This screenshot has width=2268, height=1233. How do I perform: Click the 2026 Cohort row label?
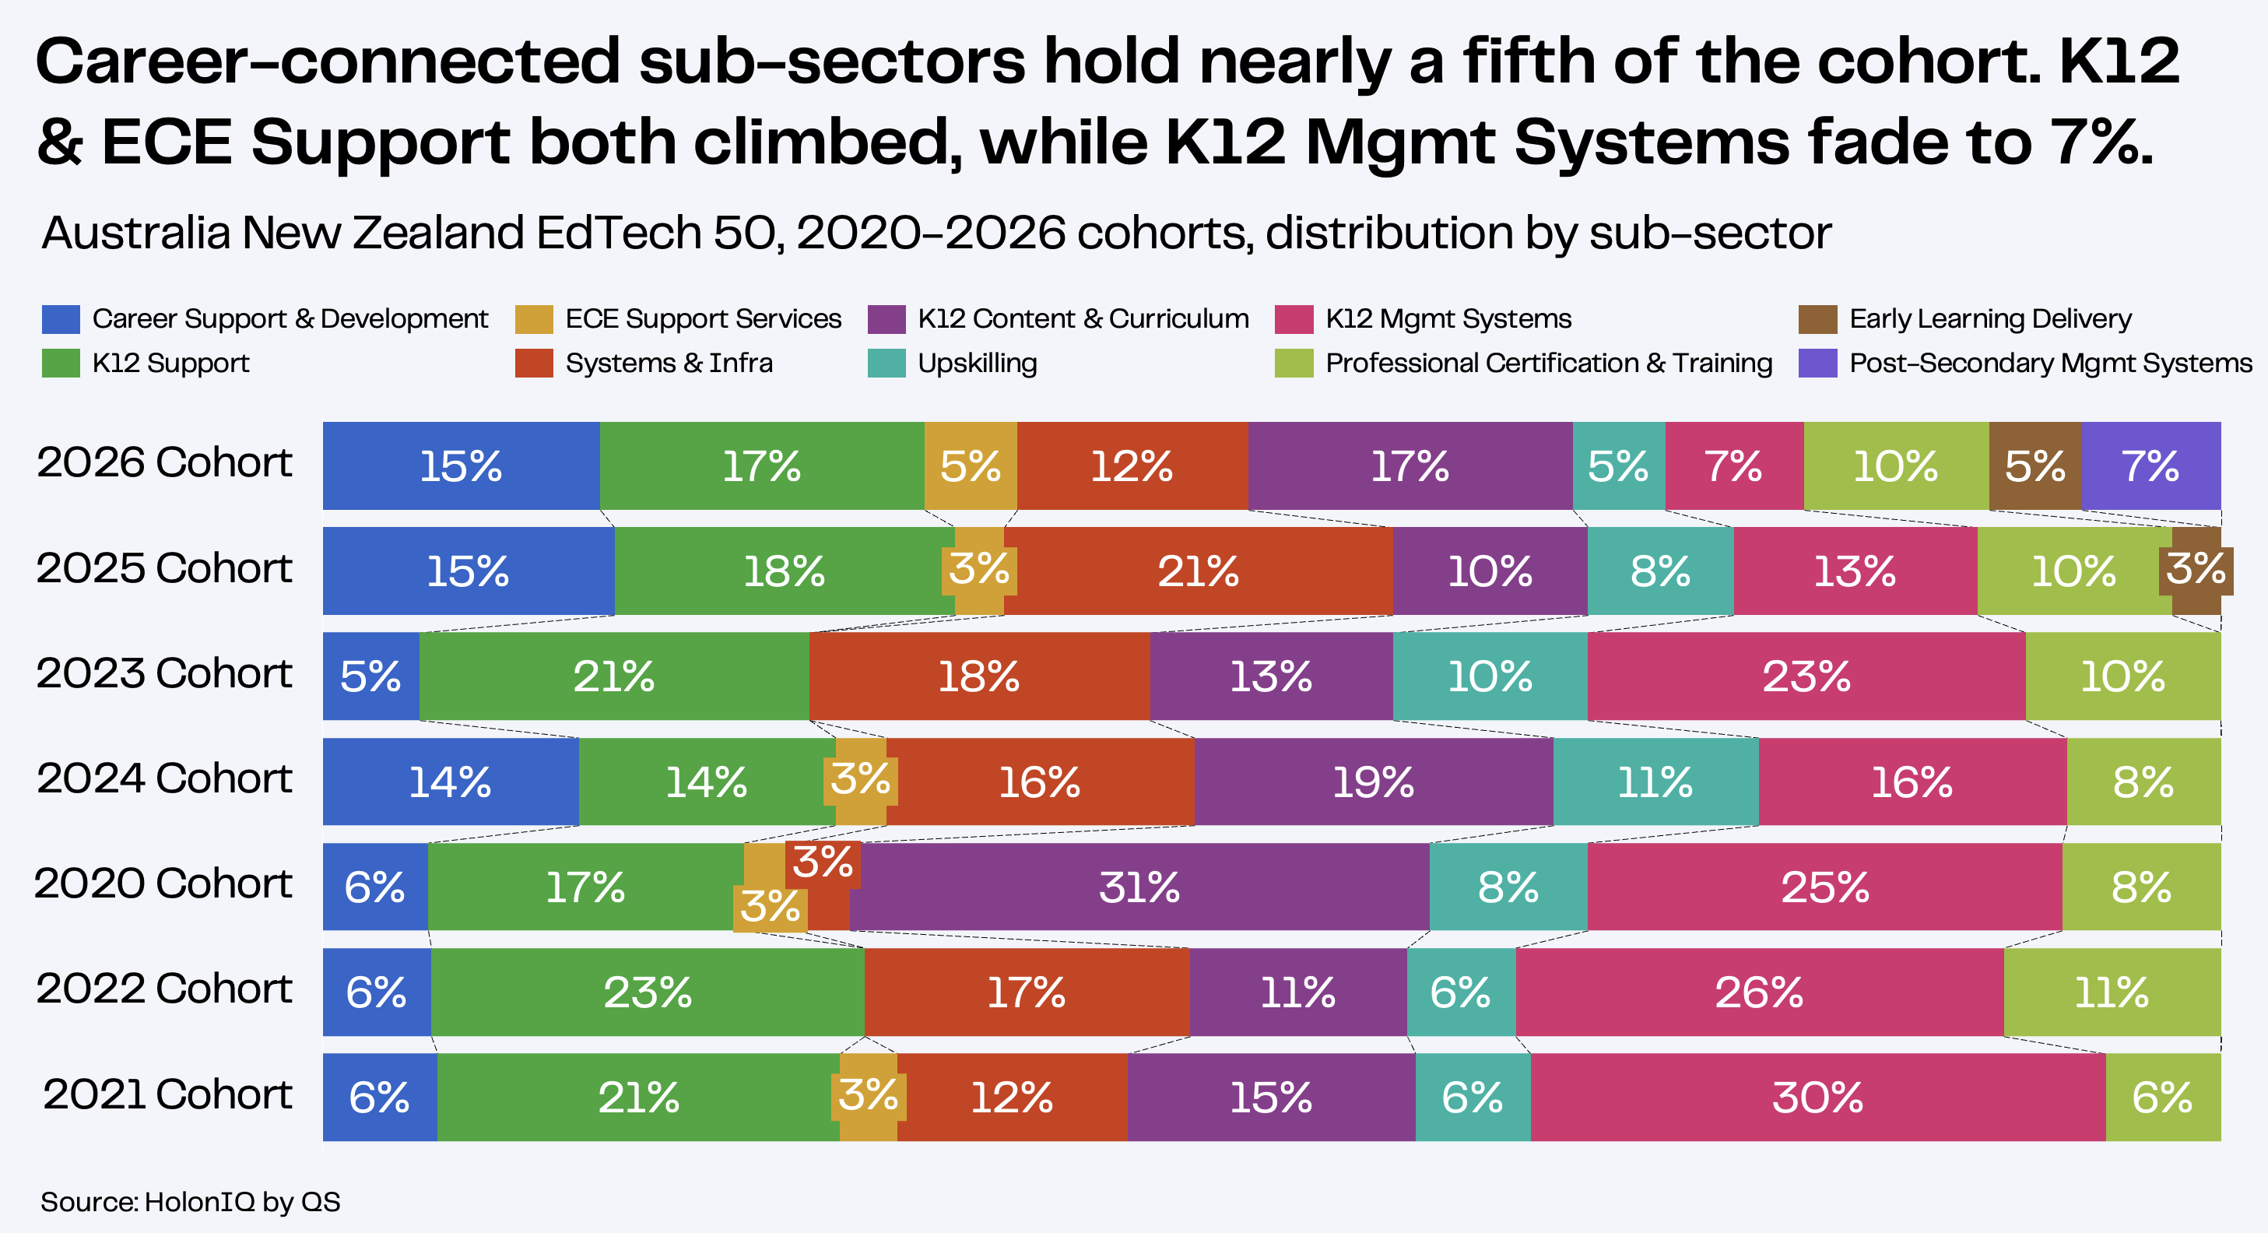(x=165, y=463)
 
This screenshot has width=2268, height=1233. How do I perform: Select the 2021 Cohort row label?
(x=167, y=1094)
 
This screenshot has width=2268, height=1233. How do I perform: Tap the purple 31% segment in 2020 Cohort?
(x=1139, y=887)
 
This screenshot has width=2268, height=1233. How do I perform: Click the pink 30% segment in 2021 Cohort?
(x=1818, y=1098)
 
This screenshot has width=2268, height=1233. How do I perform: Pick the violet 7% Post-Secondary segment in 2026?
(x=2151, y=466)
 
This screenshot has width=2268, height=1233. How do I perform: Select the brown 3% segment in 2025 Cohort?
(x=2196, y=571)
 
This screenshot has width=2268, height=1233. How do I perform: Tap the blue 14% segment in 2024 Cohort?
(x=451, y=782)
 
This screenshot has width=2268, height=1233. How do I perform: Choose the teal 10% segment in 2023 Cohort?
(x=1490, y=676)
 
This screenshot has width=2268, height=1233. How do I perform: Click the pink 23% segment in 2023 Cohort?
(x=1806, y=676)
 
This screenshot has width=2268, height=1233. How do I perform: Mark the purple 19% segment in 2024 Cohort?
(x=1374, y=782)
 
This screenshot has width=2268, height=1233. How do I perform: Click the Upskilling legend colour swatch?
(x=886, y=364)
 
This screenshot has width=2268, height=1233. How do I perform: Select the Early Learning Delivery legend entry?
(x=1965, y=319)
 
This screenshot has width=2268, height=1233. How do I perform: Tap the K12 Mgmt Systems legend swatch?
(x=1294, y=319)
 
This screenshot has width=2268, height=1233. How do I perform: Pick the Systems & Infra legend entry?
(x=644, y=363)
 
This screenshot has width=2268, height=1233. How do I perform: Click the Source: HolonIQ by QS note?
(x=190, y=1202)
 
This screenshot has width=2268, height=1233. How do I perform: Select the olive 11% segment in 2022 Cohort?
(x=2112, y=992)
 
